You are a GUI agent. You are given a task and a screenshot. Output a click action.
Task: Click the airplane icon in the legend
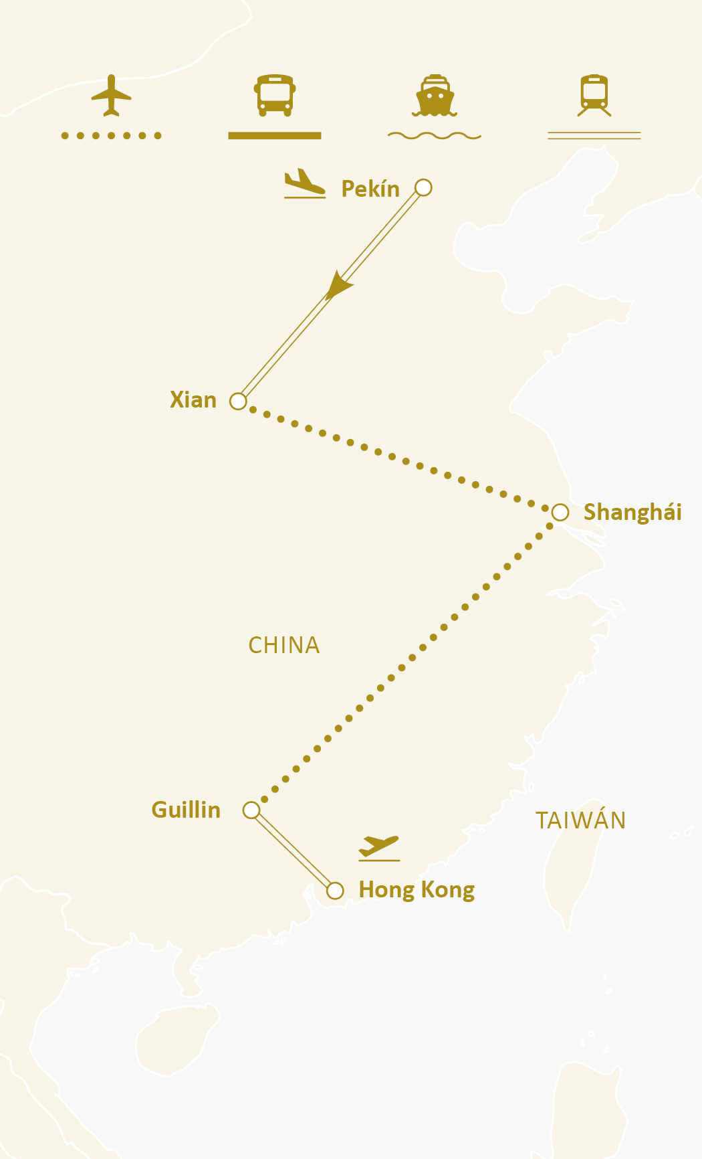pyautogui.click(x=111, y=96)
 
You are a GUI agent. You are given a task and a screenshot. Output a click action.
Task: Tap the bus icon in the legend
pyautogui.click(x=275, y=95)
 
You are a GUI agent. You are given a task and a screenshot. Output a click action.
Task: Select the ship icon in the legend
pyautogui.click(x=435, y=96)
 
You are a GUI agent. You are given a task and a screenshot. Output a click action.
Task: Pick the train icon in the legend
pyautogui.click(x=594, y=96)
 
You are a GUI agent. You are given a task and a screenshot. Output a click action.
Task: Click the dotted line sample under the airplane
pyautogui.click(x=111, y=136)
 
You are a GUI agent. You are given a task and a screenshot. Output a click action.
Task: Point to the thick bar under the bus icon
pyautogui.click(x=275, y=136)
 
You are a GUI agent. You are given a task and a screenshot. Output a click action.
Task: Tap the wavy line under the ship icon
pyautogui.click(x=435, y=136)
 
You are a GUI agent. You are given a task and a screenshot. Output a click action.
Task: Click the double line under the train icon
pyautogui.click(x=594, y=136)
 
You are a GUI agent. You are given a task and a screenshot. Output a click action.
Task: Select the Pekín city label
pyautogui.click(x=370, y=189)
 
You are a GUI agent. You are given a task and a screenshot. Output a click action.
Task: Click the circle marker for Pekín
pyautogui.click(x=423, y=187)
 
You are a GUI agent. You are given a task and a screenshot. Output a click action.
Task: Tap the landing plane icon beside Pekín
pyautogui.click(x=304, y=184)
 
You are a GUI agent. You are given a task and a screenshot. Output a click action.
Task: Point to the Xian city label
pyautogui.click(x=193, y=400)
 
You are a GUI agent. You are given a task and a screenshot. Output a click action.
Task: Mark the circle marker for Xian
pyautogui.click(x=238, y=402)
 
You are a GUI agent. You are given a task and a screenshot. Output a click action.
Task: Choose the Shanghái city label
pyautogui.click(x=632, y=513)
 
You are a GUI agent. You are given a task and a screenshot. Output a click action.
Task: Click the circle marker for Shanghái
pyautogui.click(x=560, y=513)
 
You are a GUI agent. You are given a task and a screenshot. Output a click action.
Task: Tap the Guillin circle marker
pyautogui.click(x=251, y=810)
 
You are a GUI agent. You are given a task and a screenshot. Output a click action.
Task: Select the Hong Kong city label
pyautogui.click(x=417, y=890)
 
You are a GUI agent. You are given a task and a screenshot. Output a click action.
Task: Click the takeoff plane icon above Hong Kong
pyautogui.click(x=379, y=847)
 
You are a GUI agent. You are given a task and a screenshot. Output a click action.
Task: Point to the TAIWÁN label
pyautogui.click(x=580, y=820)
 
